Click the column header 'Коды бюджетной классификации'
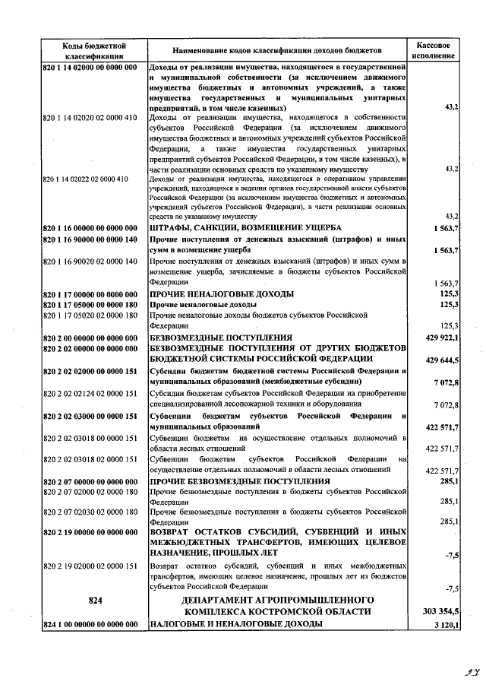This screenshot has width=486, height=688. [x=94, y=52]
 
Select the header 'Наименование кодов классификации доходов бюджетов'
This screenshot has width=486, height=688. [x=276, y=52]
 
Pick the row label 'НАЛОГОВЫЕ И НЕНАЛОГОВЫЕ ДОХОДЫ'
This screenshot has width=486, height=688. [x=236, y=624]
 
